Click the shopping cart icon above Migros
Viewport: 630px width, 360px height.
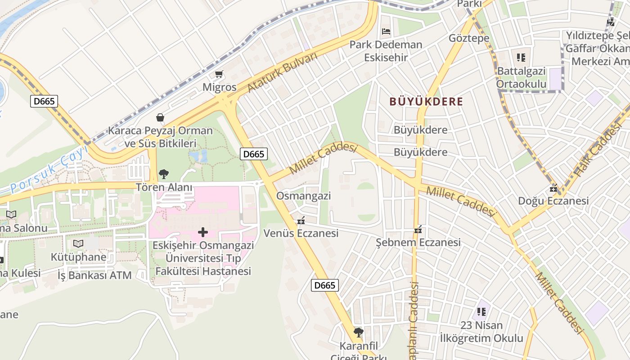click(219, 74)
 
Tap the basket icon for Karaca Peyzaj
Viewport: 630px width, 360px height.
click(160, 117)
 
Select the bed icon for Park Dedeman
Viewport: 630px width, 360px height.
click(386, 31)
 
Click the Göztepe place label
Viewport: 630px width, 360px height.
click(469, 38)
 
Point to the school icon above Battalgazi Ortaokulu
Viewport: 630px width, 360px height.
click(521, 58)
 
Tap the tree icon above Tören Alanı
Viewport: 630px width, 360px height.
click(164, 174)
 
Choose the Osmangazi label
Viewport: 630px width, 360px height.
click(303, 196)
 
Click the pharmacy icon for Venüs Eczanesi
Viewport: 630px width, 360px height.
click(301, 220)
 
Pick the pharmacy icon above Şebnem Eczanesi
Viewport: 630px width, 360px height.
click(418, 230)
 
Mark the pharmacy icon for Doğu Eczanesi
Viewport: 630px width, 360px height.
click(553, 188)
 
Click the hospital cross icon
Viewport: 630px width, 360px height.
click(203, 232)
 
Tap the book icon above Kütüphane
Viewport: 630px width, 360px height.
click(78, 243)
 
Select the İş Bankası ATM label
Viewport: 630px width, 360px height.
click(94, 275)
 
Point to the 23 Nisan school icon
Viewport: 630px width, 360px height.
click(481, 311)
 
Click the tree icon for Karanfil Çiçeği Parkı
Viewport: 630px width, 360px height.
click(358, 333)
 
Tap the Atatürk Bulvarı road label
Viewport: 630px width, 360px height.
click(282, 72)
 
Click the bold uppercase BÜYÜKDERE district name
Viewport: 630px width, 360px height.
click(426, 101)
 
